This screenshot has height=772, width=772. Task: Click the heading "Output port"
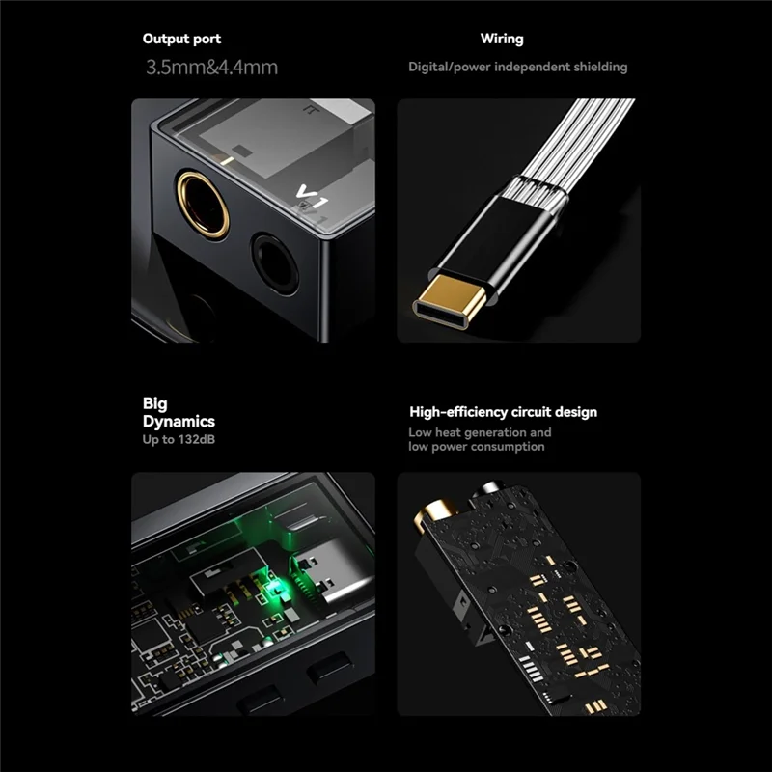coord(181,40)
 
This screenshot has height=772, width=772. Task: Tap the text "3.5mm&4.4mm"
coord(211,68)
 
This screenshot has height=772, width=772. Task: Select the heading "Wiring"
coord(502,40)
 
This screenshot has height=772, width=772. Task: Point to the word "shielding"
coord(595,68)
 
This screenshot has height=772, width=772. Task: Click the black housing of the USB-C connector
coord(511,232)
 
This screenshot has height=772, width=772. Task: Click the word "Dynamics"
coord(179,422)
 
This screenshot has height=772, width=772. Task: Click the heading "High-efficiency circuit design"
coord(503,412)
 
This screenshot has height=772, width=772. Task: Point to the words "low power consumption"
coord(476,447)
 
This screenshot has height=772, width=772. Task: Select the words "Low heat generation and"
coord(480,433)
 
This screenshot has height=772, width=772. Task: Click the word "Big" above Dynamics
coord(155,403)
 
